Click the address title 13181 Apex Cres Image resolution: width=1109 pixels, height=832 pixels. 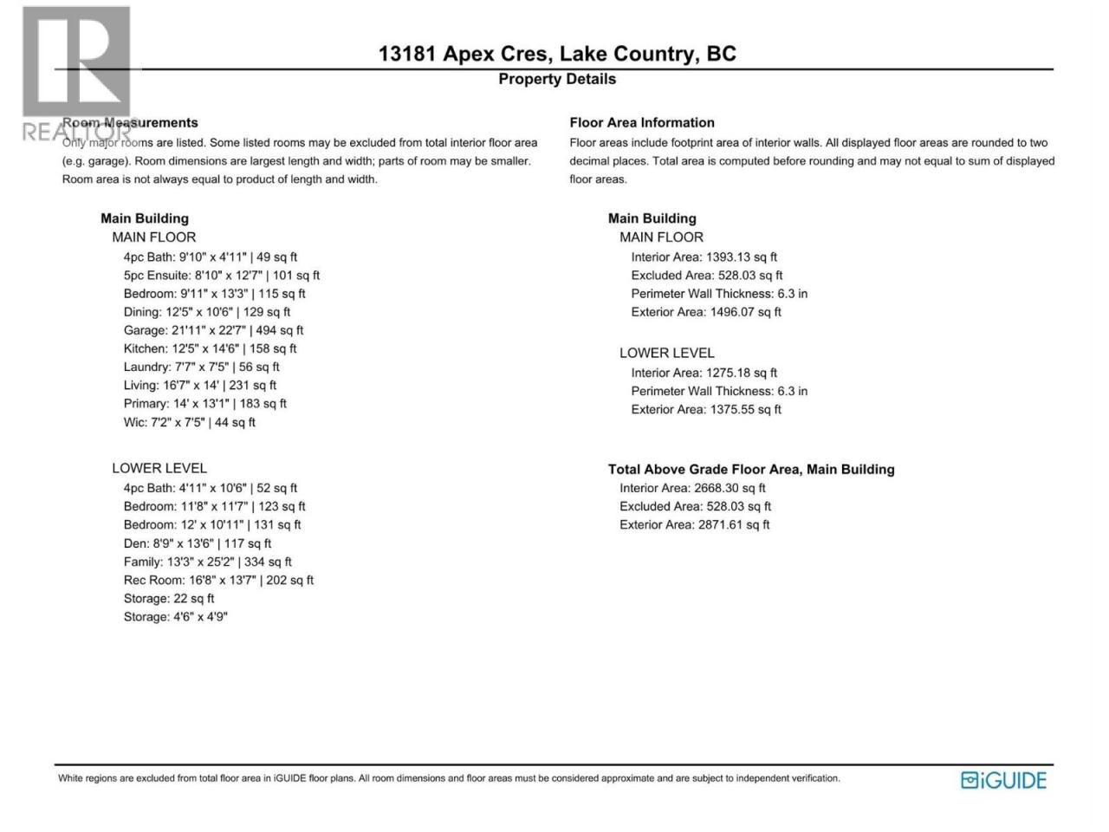[x=556, y=54]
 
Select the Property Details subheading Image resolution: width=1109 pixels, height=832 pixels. [x=556, y=79]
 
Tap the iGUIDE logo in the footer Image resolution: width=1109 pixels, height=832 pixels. [x=1003, y=780]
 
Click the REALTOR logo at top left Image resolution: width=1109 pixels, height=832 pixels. [x=75, y=74]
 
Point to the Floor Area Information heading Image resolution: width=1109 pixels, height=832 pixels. [x=641, y=123]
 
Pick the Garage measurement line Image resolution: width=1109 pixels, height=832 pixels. [x=213, y=330]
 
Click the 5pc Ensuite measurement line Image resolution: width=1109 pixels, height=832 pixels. [x=221, y=276]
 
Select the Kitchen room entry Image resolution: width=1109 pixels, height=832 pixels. [x=210, y=348]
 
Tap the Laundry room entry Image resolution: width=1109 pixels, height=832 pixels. [x=201, y=367]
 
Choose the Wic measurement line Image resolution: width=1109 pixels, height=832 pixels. [x=189, y=422]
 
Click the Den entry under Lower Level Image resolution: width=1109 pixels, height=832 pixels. [x=197, y=543]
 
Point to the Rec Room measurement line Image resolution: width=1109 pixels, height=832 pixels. [x=218, y=580]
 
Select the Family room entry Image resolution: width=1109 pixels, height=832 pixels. [x=207, y=562]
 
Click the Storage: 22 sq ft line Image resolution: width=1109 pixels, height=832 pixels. [x=168, y=598]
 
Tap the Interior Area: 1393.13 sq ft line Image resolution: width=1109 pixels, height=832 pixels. [x=704, y=257]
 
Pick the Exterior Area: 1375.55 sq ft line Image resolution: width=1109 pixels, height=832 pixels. [x=705, y=409]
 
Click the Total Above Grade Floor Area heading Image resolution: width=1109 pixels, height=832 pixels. [x=750, y=469]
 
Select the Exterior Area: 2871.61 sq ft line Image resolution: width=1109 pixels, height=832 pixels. [x=694, y=524]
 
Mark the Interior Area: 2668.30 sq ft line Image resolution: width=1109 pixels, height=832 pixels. [x=692, y=488]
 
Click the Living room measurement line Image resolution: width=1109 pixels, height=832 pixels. [x=199, y=385]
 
